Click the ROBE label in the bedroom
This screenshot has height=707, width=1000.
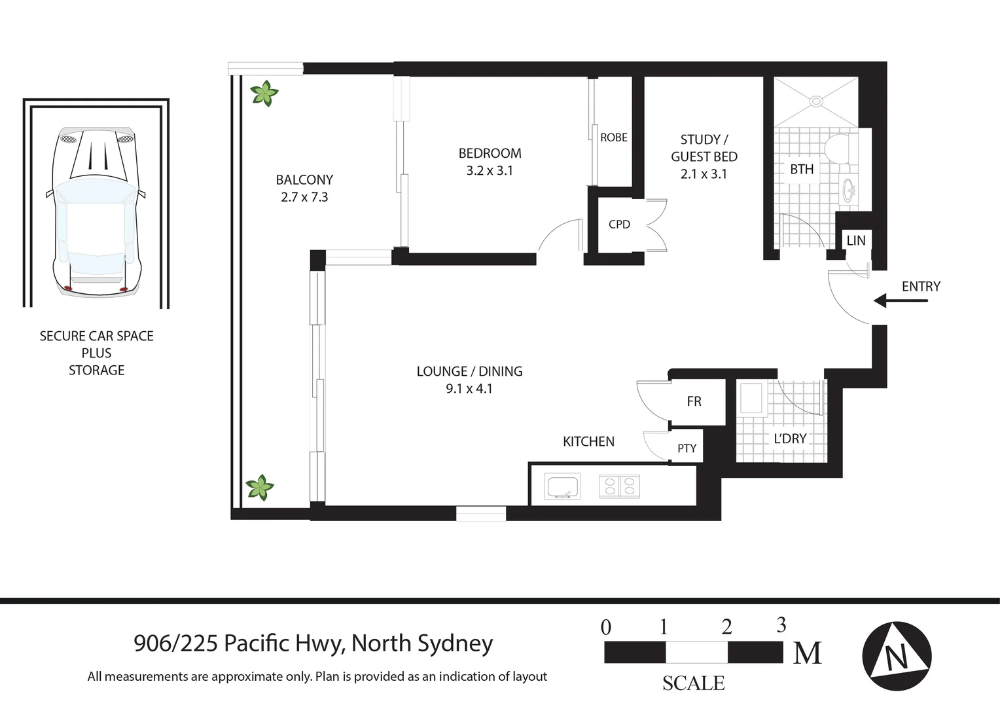tap(613, 137)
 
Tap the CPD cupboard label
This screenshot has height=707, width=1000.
tap(619, 225)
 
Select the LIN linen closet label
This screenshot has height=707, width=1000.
tap(855, 240)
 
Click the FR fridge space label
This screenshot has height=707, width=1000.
tap(694, 401)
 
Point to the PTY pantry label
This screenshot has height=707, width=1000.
tap(687, 448)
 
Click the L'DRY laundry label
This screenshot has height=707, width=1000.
tap(790, 439)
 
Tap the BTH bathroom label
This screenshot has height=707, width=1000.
tap(802, 169)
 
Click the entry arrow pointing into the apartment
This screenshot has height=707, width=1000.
tap(901, 300)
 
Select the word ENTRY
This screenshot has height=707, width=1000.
tap(921, 286)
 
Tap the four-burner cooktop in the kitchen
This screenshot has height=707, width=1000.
tap(619, 486)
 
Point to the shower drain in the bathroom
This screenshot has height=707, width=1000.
tap(816, 101)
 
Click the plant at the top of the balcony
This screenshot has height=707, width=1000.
tap(265, 94)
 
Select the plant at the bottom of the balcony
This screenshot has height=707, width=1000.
tap(260, 488)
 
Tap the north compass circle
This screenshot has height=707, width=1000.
tap(896, 655)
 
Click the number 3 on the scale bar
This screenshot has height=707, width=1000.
tap(781, 625)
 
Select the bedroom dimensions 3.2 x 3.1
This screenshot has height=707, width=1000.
tap(490, 171)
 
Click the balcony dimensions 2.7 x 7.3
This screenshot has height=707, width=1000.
tap(304, 197)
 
